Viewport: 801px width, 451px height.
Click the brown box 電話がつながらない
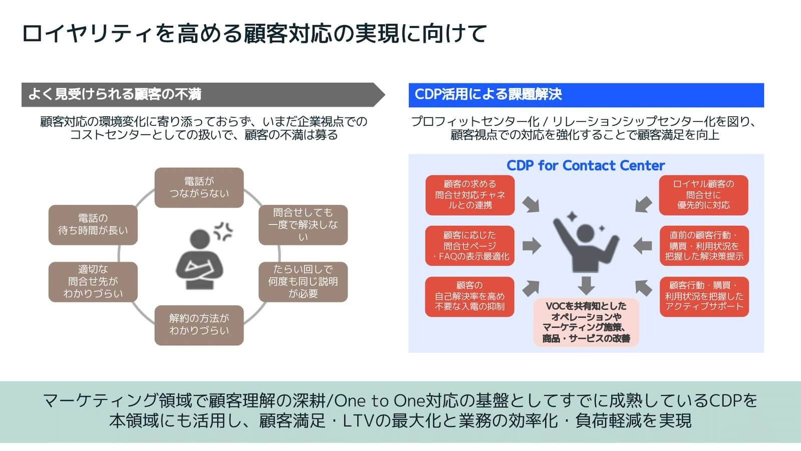(199, 187)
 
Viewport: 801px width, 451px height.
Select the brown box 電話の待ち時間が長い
(93, 224)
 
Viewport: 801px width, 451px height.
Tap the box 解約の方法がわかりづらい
(199, 325)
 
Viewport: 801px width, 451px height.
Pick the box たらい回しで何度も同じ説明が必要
(303, 282)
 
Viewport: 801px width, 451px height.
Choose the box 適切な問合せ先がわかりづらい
(93, 282)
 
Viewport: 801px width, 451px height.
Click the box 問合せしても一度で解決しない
(303, 224)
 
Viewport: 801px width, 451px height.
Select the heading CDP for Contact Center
(585, 165)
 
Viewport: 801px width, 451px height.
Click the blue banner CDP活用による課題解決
(586, 95)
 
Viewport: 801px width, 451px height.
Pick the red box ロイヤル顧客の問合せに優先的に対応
(703, 194)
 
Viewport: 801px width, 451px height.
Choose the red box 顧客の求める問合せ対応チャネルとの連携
(470, 194)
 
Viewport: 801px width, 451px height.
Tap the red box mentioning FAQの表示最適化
(470, 246)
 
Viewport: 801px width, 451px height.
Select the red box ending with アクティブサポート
(703, 296)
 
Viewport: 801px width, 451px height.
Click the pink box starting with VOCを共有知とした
(586, 322)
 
